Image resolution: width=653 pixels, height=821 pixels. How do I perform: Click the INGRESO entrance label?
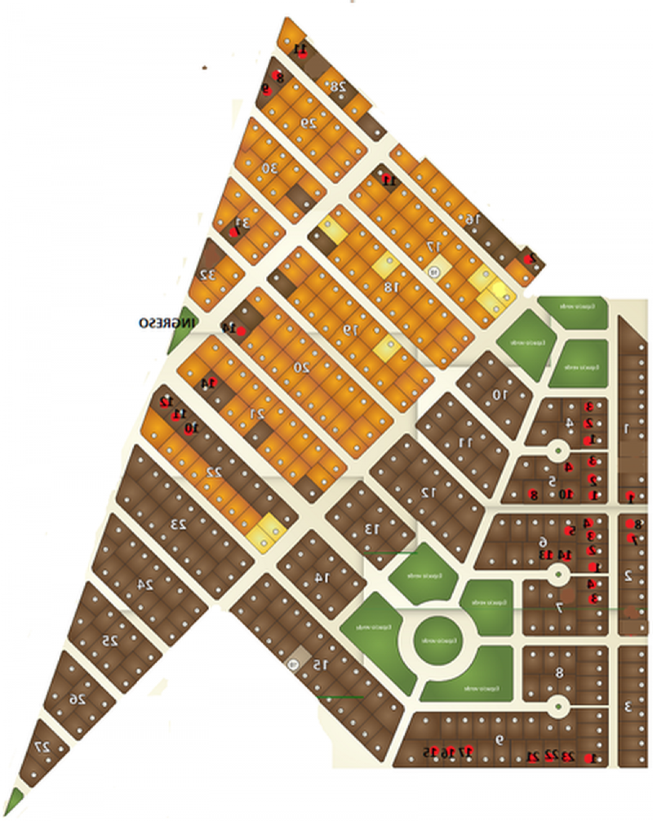click(x=167, y=323)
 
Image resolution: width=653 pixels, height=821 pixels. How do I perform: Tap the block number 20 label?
click(x=301, y=368)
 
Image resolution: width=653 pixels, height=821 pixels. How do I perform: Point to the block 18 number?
click(x=392, y=287)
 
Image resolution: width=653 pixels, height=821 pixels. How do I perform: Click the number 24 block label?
click(x=145, y=585)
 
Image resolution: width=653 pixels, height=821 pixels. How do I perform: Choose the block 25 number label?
click(x=110, y=641)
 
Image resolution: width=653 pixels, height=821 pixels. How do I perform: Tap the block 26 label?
click(x=78, y=699)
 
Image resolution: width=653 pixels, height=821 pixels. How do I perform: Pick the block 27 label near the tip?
click(x=42, y=747)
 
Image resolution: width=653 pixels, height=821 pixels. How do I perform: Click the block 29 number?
click(x=309, y=123)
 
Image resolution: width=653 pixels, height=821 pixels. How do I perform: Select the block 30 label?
click(x=269, y=168)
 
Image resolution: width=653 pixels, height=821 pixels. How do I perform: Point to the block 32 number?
click(x=208, y=275)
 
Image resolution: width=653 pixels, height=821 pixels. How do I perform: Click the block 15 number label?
click(x=321, y=664)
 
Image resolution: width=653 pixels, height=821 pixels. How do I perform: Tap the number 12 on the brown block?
click(x=429, y=493)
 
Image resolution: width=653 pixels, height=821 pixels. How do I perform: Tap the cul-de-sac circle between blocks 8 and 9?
click(x=557, y=706)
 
